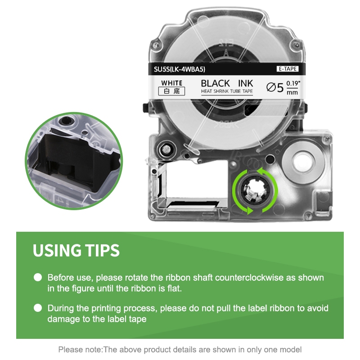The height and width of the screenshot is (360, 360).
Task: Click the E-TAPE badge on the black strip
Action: coord(288,69)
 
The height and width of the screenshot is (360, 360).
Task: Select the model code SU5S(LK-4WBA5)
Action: coord(180,69)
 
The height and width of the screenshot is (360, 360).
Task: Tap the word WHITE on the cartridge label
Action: coord(172,83)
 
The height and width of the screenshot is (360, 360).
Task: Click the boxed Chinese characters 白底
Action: coord(171,91)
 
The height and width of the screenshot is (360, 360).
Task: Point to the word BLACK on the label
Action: coord(216,83)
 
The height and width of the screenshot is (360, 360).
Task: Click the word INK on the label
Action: coord(245,83)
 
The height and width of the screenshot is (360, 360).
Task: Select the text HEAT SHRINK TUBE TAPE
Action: coord(227,91)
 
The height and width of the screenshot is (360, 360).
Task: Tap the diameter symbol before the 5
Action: coord(271,87)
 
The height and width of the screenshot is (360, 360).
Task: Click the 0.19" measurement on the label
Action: coord(293,83)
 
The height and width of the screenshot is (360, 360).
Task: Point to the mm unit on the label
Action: coord(292,93)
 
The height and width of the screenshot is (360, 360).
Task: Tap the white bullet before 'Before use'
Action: coord(38,277)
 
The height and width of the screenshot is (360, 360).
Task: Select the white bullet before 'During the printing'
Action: coord(38,308)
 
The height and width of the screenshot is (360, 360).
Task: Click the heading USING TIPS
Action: coord(76,250)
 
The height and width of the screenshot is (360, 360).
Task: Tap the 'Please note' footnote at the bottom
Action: coord(180,350)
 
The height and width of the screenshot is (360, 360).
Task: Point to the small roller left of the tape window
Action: coord(165,150)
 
